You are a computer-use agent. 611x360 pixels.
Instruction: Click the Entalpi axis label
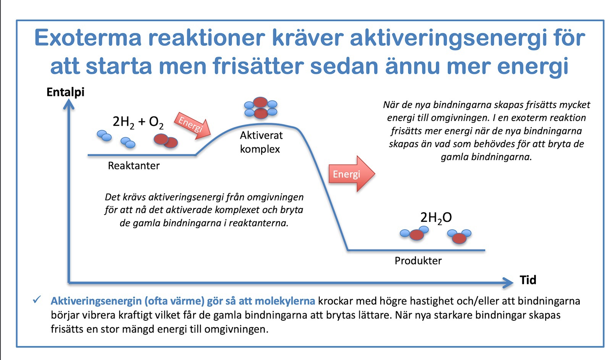pyautogui.click(x=65, y=92)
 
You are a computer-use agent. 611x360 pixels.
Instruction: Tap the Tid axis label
pyautogui.click(x=528, y=280)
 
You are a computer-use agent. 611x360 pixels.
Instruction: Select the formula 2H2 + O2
pyautogui.click(x=138, y=123)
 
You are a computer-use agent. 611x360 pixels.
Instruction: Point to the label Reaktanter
pyautogui.click(x=134, y=166)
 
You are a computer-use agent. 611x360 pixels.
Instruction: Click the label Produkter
pyautogui.click(x=418, y=261)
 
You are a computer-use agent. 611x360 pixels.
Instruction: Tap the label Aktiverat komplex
pyautogui.click(x=261, y=142)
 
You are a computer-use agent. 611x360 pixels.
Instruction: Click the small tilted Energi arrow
pyautogui.click(x=193, y=126)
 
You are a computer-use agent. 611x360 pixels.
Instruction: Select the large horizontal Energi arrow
pyautogui.click(x=352, y=174)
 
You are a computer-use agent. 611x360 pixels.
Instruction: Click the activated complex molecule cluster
pyautogui.click(x=260, y=108)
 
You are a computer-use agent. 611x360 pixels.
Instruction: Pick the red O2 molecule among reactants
pyautogui.click(x=166, y=141)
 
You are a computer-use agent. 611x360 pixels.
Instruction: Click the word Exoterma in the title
pyautogui.click(x=88, y=38)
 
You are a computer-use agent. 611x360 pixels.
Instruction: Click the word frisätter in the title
pyautogui.click(x=258, y=66)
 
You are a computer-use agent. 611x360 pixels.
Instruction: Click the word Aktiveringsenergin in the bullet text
pyautogui.click(x=96, y=301)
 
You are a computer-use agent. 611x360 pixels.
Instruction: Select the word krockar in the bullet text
pyautogui.click(x=335, y=301)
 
